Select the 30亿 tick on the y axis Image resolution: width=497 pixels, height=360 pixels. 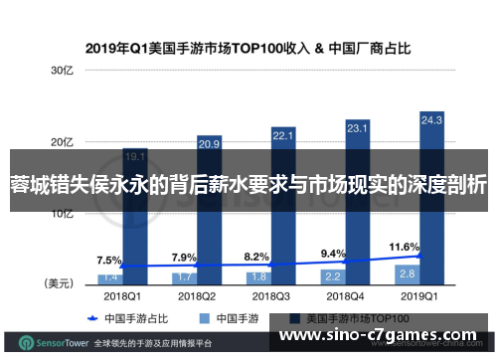(63, 71)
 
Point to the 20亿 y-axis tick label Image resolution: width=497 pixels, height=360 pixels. (63, 142)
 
